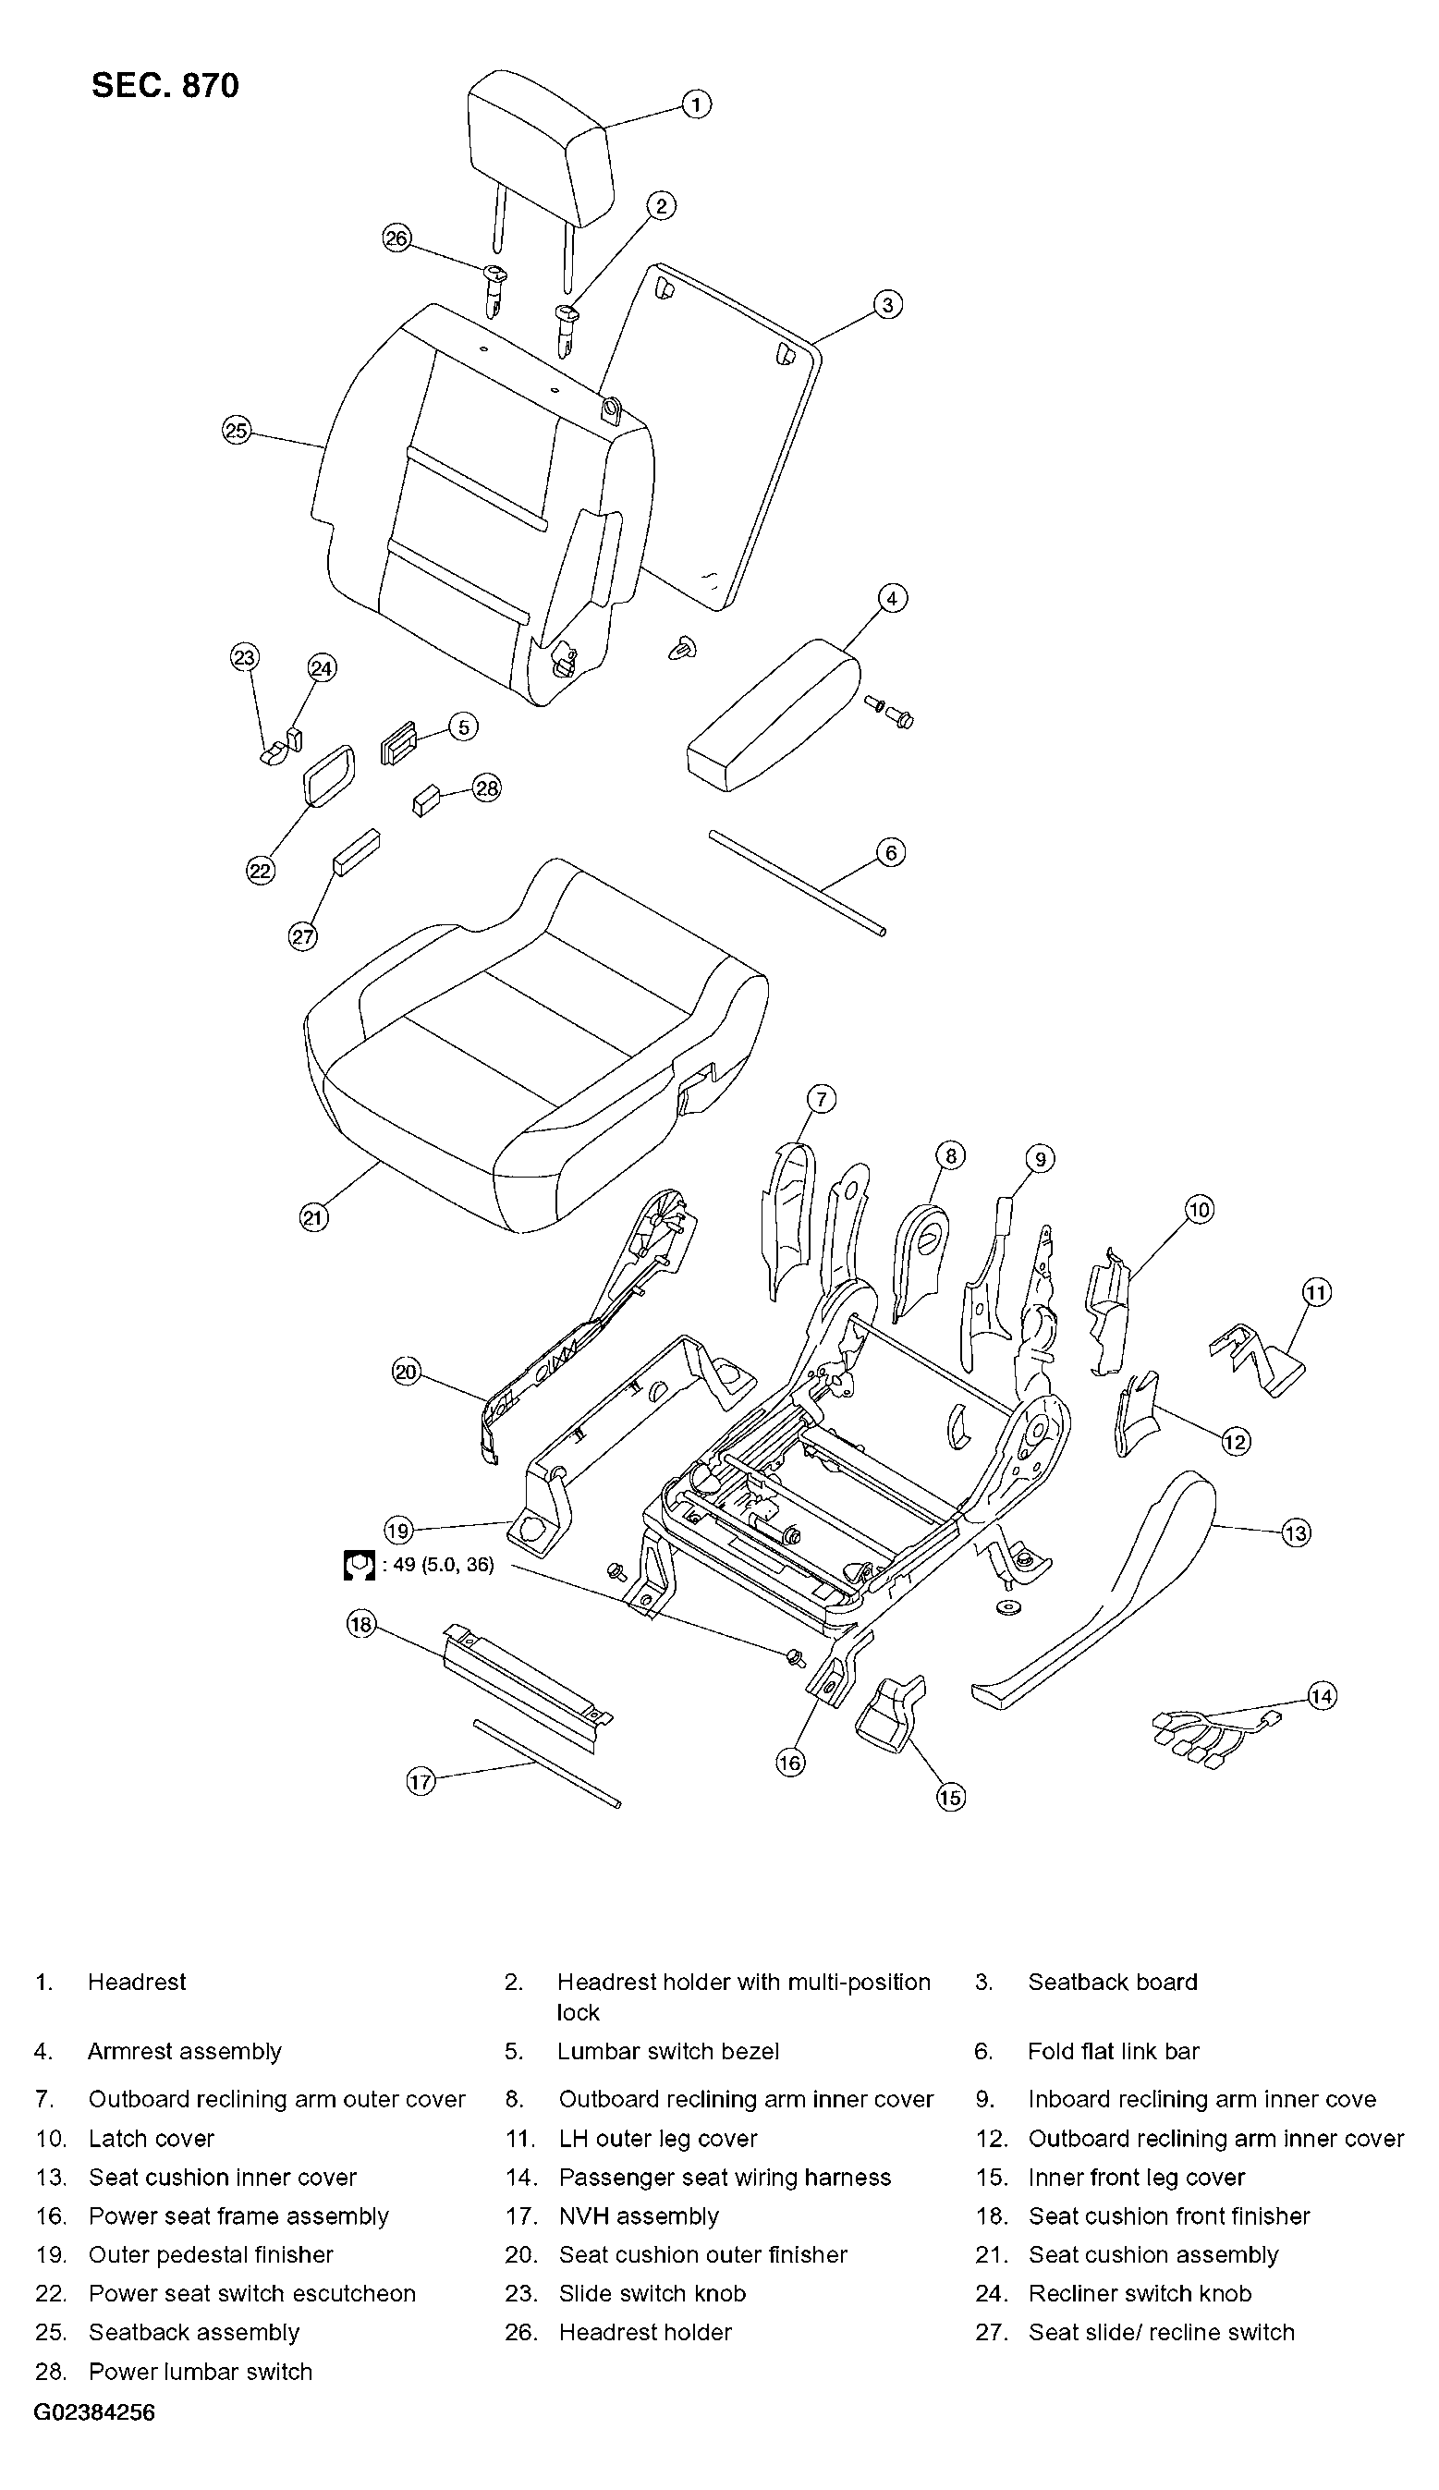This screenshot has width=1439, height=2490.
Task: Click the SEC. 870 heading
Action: click(165, 86)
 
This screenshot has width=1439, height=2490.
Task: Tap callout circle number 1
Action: click(696, 104)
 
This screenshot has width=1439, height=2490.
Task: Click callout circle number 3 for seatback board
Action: click(887, 304)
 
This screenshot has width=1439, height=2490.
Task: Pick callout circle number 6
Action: click(891, 853)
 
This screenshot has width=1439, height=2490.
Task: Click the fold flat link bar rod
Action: click(797, 883)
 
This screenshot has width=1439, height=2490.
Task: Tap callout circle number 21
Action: click(313, 1218)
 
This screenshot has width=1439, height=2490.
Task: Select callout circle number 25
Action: click(237, 431)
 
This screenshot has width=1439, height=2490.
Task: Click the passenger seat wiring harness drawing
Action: click(1217, 1735)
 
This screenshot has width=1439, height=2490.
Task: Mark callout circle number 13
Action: click(1295, 1532)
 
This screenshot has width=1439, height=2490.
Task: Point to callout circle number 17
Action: click(421, 1781)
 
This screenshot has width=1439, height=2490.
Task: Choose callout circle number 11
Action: click(1316, 1291)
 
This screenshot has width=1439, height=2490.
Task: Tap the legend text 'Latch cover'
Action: click(152, 2138)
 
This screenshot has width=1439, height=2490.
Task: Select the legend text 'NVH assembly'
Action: click(639, 2216)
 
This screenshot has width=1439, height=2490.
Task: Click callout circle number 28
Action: click(487, 788)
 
